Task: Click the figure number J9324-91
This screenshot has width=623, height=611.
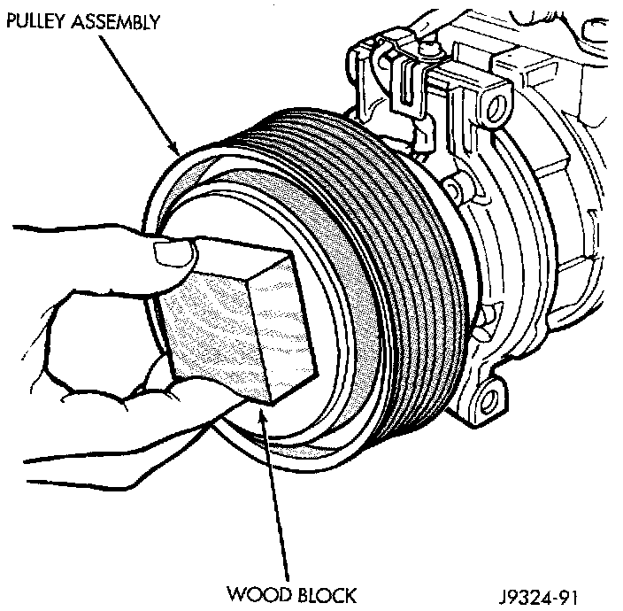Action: [x=542, y=591]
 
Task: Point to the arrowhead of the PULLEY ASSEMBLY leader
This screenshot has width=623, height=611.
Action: [x=178, y=151]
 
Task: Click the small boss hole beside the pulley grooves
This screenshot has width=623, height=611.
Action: [x=452, y=189]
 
